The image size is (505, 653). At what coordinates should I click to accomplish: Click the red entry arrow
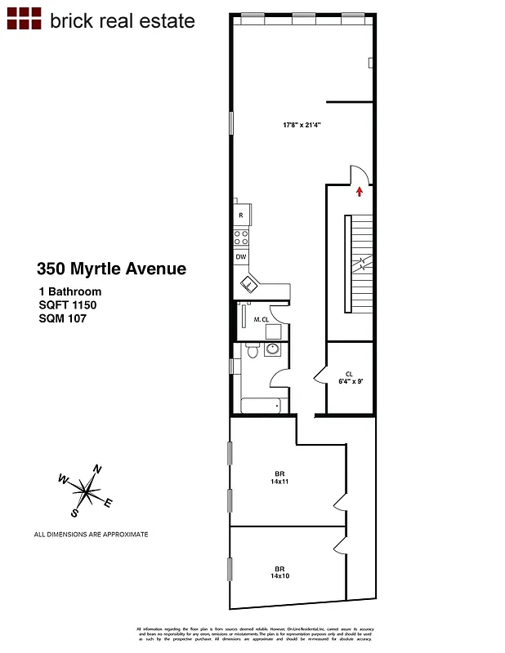(x=360, y=191)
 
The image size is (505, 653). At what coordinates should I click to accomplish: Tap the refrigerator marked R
(x=241, y=215)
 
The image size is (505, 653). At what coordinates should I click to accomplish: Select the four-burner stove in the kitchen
(x=241, y=238)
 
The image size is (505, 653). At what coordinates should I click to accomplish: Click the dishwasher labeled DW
(x=241, y=257)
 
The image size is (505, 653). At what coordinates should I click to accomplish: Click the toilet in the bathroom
(x=252, y=352)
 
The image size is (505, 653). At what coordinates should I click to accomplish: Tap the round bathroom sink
(x=271, y=350)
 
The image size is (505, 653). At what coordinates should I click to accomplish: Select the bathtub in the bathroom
(x=261, y=404)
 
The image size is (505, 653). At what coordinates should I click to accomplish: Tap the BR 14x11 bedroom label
(x=279, y=478)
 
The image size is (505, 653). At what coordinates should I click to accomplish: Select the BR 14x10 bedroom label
(x=279, y=572)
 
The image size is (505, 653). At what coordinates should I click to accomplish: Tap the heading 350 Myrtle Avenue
(x=111, y=268)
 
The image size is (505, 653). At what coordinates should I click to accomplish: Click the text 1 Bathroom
(x=69, y=291)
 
